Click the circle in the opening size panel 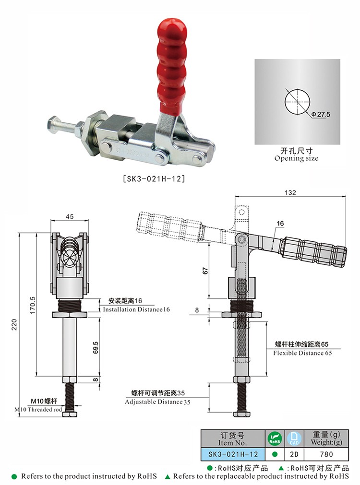(x=297, y=101)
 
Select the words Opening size (x=296, y=158)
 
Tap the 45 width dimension (x=69, y=216)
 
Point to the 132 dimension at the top (x=290, y=193)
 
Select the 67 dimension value (x=205, y=271)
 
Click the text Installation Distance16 (x=137, y=309)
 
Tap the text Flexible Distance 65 (x=302, y=353)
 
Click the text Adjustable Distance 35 (x=157, y=402)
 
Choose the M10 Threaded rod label (x=38, y=409)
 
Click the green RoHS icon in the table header (x=274, y=438)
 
